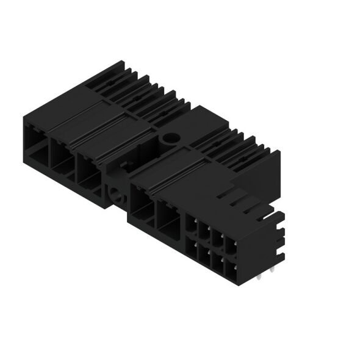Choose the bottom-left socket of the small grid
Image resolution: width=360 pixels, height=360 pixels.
click(x=191, y=246)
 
